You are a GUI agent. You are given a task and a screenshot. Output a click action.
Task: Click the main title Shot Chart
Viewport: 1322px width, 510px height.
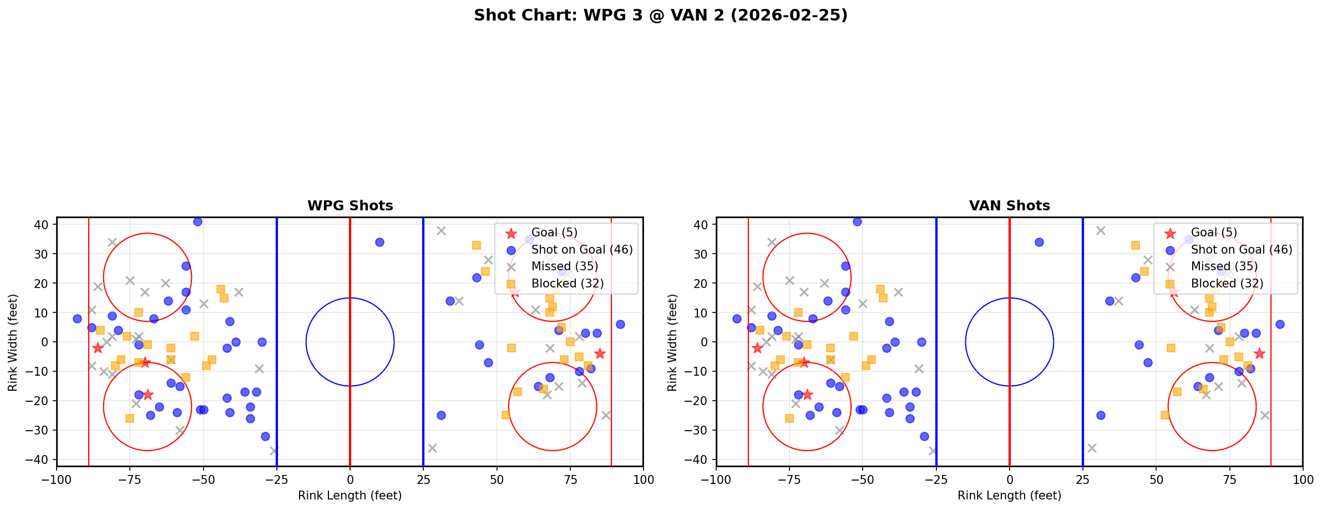coord(660,15)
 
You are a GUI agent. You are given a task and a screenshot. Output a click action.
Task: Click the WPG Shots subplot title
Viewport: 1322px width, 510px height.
coord(350,206)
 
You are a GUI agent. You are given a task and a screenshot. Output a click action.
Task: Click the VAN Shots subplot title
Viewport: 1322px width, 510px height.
coord(1009,206)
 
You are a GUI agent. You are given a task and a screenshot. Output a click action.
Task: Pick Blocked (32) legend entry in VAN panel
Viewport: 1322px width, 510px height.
coord(1227,284)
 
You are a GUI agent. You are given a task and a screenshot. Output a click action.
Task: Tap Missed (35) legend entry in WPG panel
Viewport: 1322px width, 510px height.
coord(564,266)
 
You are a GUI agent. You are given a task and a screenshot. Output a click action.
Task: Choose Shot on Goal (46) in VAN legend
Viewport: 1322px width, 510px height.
coord(1241,250)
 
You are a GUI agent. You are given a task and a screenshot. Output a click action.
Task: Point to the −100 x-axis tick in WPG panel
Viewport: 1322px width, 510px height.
coord(57,479)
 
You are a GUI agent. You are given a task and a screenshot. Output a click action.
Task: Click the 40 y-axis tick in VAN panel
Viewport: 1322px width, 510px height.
coord(703,225)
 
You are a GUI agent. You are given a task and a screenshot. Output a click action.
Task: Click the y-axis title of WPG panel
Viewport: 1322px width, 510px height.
coord(13,342)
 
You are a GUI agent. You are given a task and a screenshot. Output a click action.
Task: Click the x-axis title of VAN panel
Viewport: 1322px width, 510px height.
coord(1009,496)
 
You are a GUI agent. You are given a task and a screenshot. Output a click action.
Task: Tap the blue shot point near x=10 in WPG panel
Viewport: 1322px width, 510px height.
coord(379,242)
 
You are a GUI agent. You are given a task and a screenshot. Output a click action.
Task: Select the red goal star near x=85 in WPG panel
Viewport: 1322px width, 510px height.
coord(599,354)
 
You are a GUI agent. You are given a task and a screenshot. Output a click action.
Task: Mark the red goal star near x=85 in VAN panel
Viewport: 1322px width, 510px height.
coord(1259,354)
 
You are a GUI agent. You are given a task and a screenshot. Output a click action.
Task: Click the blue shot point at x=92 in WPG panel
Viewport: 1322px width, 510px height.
coord(620,324)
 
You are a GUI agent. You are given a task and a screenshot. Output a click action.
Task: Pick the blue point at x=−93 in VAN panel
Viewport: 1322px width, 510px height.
coord(737,319)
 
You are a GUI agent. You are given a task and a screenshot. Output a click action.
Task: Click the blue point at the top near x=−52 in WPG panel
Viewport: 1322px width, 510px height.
coord(197,221)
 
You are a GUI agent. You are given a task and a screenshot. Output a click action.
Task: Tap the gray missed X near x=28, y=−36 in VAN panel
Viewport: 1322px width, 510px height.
coord(1092,448)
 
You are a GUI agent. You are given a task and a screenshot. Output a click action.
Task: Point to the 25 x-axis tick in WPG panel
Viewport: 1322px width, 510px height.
coord(423,479)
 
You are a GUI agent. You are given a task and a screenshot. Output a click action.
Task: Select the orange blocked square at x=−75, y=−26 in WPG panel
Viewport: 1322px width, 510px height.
coord(130,418)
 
